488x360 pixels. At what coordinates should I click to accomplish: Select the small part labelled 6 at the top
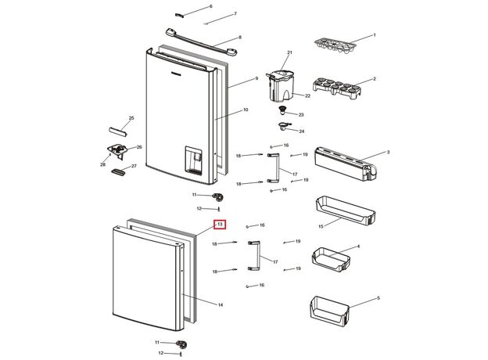178,13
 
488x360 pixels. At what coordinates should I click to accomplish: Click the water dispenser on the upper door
192,161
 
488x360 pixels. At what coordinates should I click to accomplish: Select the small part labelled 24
282,126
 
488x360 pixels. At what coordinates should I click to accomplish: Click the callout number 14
221,304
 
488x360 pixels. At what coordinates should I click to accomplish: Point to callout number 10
245,111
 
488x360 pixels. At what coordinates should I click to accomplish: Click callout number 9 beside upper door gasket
256,79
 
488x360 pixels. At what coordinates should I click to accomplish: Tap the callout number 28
102,164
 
